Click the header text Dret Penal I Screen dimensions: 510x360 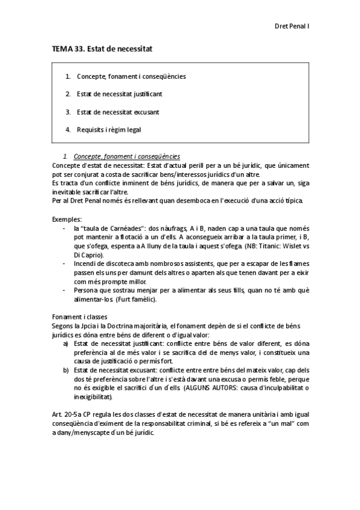point(291,26)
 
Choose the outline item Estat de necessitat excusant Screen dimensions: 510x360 point(118,111)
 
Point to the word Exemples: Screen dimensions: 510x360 point(67,220)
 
